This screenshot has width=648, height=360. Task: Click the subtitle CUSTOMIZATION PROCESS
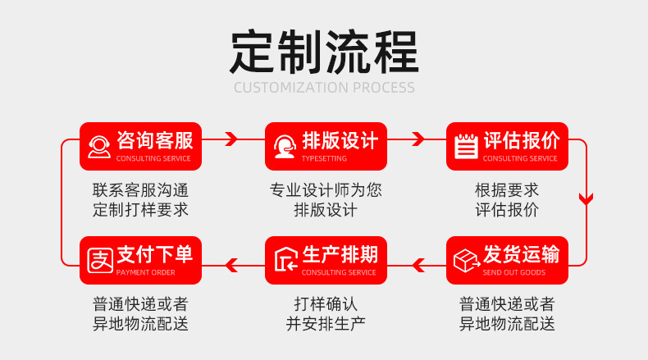tap(325, 88)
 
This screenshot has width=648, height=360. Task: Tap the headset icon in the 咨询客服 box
tap(99, 147)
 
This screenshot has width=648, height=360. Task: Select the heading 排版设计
tap(340, 140)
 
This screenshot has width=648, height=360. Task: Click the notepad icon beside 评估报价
tap(466, 146)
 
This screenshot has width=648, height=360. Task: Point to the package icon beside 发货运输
tap(467, 261)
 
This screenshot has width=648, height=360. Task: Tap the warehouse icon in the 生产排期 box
tap(286, 260)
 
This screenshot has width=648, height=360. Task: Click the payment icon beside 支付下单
tap(100, 261)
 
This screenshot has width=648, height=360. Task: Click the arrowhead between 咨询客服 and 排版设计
tap(231, 139)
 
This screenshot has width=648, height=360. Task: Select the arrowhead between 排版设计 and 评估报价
tap(418, 139)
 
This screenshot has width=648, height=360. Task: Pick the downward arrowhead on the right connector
tap(586, 198)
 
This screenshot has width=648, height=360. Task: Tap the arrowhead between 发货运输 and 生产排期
tap(418, 266)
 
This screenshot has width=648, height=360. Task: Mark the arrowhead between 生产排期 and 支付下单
tap(231, 266)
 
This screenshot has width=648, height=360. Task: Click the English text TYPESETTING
tap(324, 158)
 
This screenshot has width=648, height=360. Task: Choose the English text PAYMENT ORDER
tap(145, 272)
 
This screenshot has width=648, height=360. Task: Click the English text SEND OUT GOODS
tap(513, 272)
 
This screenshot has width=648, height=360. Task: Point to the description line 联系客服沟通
tap(140, 190)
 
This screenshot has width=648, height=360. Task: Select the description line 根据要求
tap(507, 190)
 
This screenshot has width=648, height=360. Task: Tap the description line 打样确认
tap(326, 304)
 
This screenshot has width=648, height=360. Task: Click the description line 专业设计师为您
tap(326, 190)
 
